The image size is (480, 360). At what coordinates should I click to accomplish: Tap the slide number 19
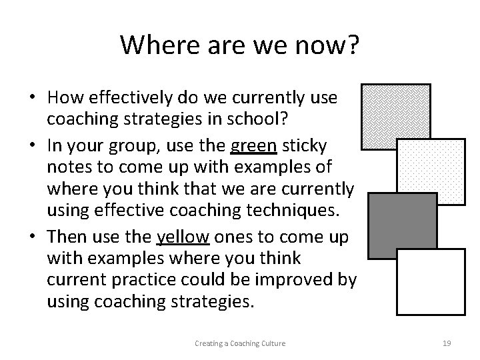point(447,343)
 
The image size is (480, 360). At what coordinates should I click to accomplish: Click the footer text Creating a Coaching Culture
point(239,343)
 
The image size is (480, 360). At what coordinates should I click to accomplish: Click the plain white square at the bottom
point(431,281)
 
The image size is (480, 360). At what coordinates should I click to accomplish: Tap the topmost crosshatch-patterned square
point(395,115)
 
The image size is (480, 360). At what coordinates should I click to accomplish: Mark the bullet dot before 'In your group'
point(32,145)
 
